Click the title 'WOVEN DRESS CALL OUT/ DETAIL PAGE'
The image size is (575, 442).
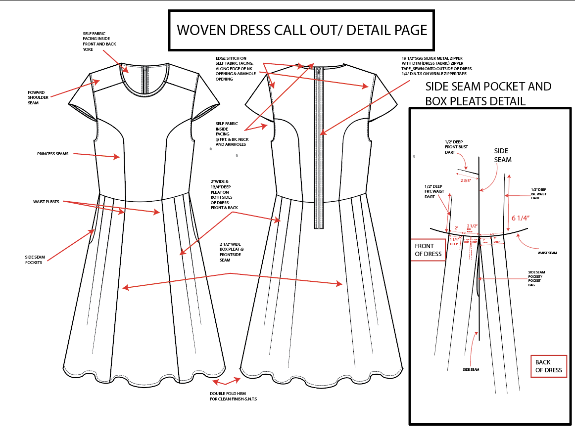click(x=302, y=30)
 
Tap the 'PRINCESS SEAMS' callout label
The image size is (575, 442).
click(x=52, y=154)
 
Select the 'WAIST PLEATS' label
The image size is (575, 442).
click(x=46, y=202)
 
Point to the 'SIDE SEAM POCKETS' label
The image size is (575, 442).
click(x=35, y=260)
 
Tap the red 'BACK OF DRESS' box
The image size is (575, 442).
click(x=548, y=366)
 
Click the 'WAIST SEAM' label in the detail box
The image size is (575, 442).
click(x=547, y=253)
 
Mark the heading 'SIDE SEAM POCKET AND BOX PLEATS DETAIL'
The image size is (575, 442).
click(x=488, y=93)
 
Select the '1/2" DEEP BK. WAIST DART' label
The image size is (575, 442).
click(x=539, y=193)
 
